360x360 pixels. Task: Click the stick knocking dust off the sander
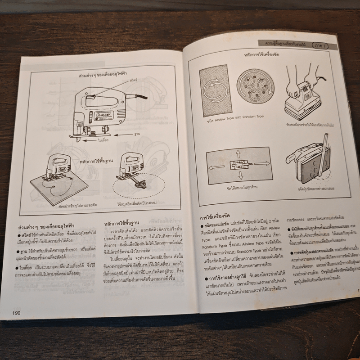click(x=321, y=157)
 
